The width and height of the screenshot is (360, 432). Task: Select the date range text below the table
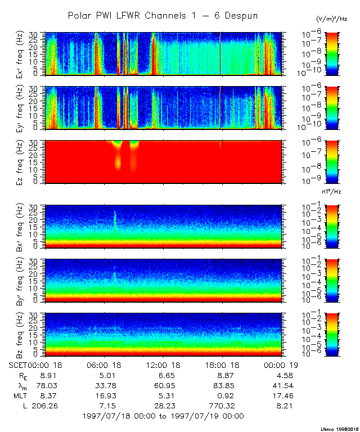point(163,416)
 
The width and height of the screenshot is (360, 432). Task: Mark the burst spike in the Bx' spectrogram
point(115,219)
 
